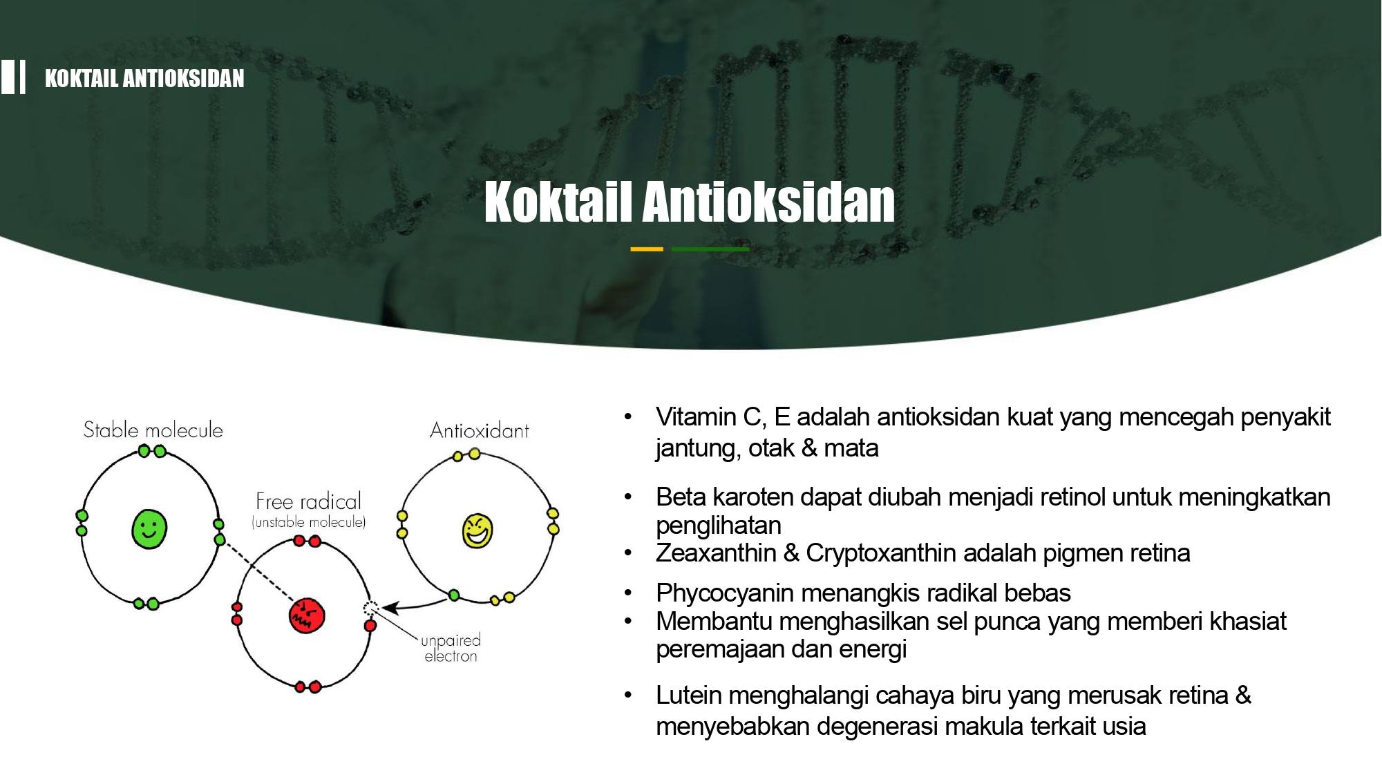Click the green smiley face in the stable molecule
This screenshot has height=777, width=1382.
click(x=149, y=529)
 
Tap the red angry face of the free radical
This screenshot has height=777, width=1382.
click(x=307, y=615)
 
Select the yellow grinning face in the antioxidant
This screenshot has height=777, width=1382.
click(x=477, y=530)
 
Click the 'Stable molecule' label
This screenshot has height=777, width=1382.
click(x=153, y=430)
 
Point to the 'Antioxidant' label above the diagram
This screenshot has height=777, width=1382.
click(x=480, y=431)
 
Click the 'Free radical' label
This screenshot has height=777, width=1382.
click(x=308, y=501)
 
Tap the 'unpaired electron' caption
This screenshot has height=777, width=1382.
click(x=451, y=648)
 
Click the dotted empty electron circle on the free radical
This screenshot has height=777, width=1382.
click(x=371, y=608)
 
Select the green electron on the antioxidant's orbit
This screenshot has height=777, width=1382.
click(x=454, y=595)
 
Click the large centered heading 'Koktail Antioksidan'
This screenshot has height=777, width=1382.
click(x=690, y=202)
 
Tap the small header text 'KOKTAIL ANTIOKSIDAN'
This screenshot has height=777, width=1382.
click(x=144, y=78)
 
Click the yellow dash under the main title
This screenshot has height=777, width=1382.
click(x=647, y=249)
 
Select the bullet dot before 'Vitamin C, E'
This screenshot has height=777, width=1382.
click(x=628, y=416)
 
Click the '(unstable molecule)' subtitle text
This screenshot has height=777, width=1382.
click(x=309, y=522)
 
